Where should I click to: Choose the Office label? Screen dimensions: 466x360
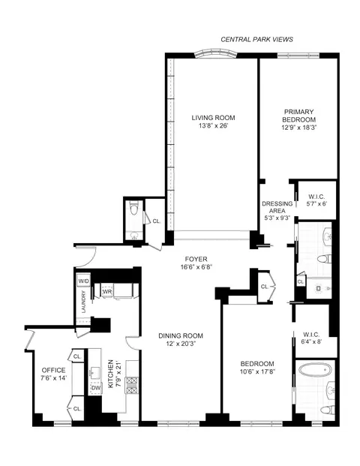(x=53, y=370)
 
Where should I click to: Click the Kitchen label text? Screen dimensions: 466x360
(x=110, y=373)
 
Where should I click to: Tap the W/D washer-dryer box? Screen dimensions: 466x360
(x=83, y=281)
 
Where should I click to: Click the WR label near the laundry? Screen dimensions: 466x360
(x=107, y=290)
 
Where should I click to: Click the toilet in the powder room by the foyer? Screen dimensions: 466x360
(x=133, y=210)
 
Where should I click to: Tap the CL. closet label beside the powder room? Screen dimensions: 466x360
(x=156, y=221)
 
